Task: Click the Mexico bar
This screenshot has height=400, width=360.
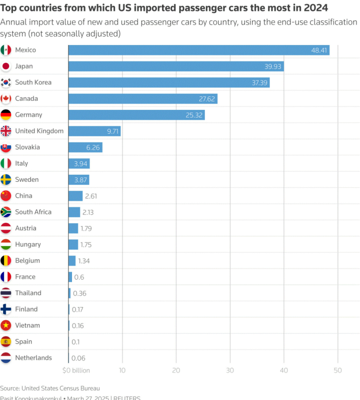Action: coord(198,50)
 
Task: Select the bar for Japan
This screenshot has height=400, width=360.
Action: coord(176,66)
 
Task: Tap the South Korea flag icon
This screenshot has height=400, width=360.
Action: coord(6,82)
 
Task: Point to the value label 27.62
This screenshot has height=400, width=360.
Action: coord(206,99)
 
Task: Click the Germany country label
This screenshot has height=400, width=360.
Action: coord(28,115)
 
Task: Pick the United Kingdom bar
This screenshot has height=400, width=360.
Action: coord(94,131)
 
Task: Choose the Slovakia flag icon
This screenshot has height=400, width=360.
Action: coord(6,147)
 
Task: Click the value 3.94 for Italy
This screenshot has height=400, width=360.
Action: coord(80,164)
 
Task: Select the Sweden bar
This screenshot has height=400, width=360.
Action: coord(78,180)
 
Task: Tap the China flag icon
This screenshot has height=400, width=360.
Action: coord(6,196)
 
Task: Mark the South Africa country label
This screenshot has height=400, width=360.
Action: coord(33,212)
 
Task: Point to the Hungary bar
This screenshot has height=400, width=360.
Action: coord(73,245)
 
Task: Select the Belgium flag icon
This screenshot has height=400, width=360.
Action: coord(6,261)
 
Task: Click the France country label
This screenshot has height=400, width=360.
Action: coord(25,277)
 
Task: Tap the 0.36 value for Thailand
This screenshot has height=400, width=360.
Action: coord(79,293)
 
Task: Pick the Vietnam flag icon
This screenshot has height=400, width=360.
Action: coord(6,326)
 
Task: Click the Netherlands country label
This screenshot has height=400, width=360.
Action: coord(33,358)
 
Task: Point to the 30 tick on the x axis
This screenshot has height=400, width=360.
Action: coord(230,371)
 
